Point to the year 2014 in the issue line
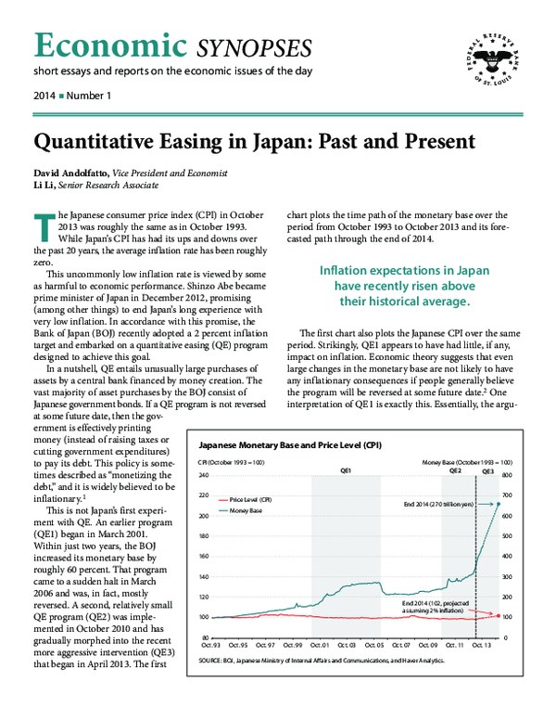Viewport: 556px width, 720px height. (44, 96)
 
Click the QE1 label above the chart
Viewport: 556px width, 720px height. (345, 470)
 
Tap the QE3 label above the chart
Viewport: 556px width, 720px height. (487, 470)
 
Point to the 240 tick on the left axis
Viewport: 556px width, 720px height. (204, 475)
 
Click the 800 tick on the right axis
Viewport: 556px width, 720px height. (506, 475)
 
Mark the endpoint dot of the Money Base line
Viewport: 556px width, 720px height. (499, 504)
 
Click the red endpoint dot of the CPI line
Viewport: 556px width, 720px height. (499, 616)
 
